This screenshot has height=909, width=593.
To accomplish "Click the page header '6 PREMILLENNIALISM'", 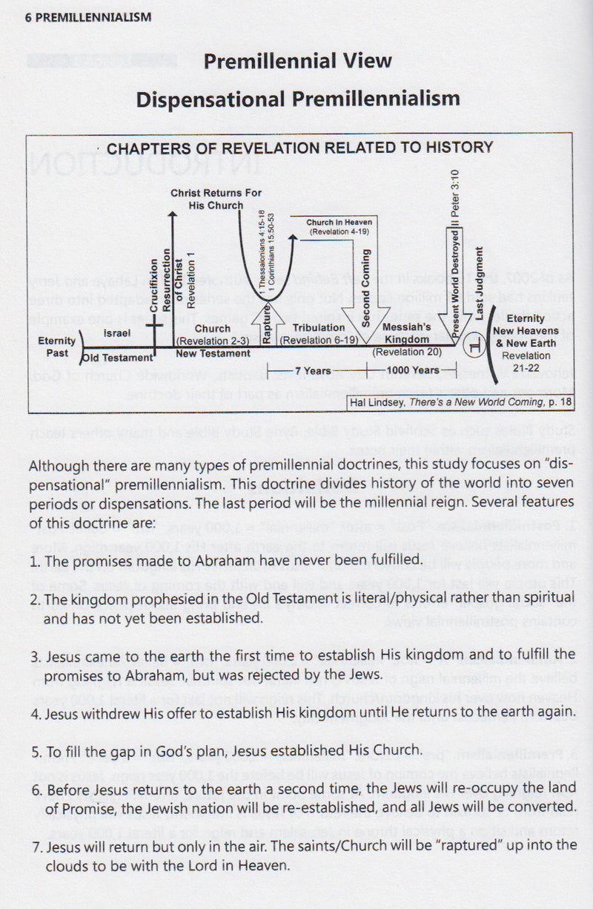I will tap(78, 17).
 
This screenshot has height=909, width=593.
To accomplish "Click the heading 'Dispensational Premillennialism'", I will tap(298, 99).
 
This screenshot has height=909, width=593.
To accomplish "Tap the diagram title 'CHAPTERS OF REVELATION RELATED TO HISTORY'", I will tap(299, 148).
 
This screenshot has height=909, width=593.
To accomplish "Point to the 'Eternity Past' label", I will tap(57, 347).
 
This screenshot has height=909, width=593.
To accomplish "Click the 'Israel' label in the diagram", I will tap(117, 334).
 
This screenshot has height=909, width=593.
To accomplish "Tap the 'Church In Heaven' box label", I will tap(339, 222).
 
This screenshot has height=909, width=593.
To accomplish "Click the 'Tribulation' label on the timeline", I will tap(319, 327).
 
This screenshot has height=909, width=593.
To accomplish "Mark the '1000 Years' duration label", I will tap(415, 370).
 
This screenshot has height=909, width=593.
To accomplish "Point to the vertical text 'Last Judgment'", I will tap(479, 282).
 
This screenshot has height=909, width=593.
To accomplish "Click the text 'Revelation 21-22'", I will tap(526, 361).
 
